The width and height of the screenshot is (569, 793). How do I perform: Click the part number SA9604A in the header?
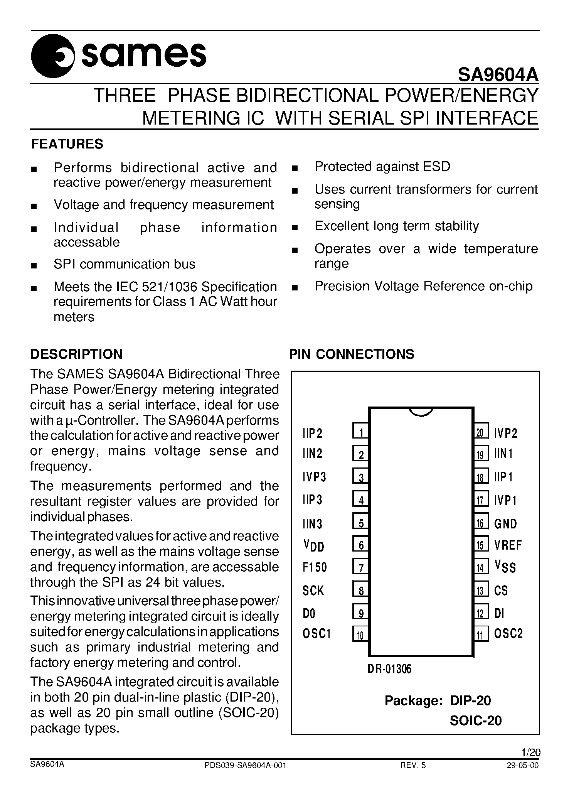point(498,74)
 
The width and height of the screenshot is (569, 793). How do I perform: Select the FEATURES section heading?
point(67,144)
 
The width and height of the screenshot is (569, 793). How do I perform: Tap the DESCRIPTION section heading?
point(76,354)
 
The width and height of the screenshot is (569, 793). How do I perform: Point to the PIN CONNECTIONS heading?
point(352,354)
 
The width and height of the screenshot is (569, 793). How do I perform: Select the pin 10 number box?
point(360,634)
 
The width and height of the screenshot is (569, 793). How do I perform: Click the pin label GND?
point(505,523)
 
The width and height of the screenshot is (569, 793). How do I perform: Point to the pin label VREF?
point(508,545)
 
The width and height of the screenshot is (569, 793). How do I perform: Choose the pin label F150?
point(315,567)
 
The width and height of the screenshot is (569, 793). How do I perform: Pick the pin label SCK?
point(313,591)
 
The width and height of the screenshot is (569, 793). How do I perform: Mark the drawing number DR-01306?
point(390,669)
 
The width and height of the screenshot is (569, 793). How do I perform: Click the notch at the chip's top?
point(421,412)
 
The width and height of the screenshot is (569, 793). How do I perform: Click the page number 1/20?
point(530,752)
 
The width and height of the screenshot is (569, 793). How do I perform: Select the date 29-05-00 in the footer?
point(524,766)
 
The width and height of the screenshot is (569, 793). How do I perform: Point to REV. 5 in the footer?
point(413,766)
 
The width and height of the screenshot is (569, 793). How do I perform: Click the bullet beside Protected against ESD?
point(295,168)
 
